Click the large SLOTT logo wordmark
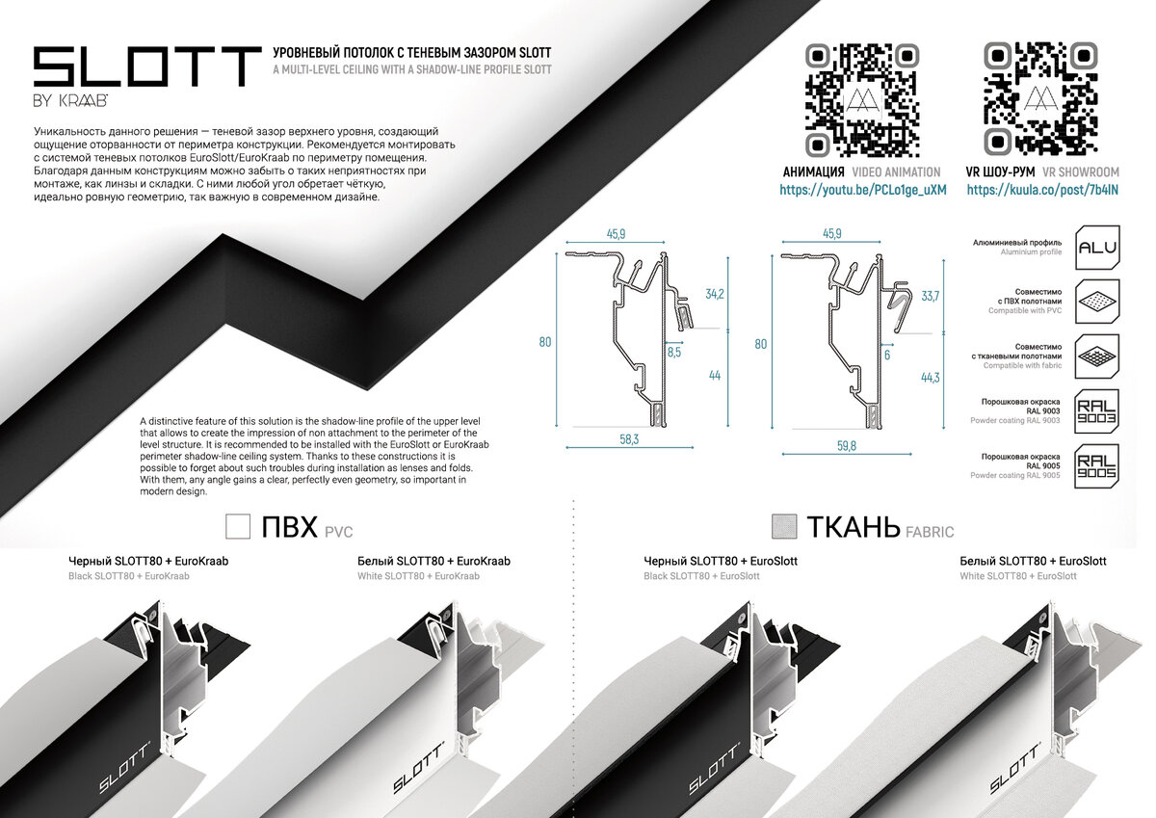(x=147, y=66)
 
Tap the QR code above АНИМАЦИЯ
(x=862, y=100)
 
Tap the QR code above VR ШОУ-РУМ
(x=1040, y=98)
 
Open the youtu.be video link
(x=863, y=190)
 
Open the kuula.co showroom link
(x=1042, y=190)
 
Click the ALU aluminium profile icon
(x=1097, y=248)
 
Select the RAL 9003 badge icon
(x=1096, y=411)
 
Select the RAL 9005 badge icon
(x=1096, y=466)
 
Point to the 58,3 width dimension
(x=629, y=439)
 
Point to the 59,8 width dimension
(x=847, y=446)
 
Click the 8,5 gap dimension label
(x=674, y=353)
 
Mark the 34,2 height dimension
(x=715, y=294)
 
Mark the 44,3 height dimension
(x=930, y=378)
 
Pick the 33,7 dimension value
(x=930, y=296)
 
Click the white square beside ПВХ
(x=238, y=526)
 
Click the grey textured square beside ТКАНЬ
(x=784, y=526)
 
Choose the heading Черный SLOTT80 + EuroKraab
(x=148, y=561)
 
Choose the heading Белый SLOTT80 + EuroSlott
(x=1033, y=561)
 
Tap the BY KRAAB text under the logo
(x=70, y=101)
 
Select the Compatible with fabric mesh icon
(x=1097, y=356)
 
